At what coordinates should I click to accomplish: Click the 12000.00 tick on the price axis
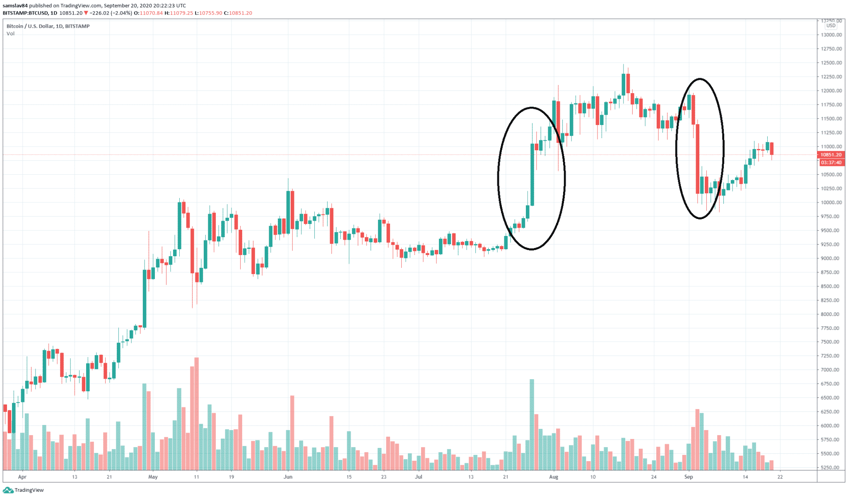(831, 91)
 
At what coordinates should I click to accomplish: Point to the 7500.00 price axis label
(831, 342)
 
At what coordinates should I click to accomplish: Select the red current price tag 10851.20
(831, 155)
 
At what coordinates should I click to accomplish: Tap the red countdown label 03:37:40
(831, 163)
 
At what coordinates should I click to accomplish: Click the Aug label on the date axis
(554, 477)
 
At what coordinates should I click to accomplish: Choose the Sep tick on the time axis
(689, 477)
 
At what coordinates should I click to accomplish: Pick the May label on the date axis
(153, 477)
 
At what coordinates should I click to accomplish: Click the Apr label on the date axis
(22, 477)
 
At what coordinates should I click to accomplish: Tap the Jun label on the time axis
(288, 477)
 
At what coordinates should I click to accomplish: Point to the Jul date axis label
(419, 477)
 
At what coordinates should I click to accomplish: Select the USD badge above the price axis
(831, 26)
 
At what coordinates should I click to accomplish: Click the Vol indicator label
(10, 34)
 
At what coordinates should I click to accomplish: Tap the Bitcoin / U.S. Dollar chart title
(48, 26)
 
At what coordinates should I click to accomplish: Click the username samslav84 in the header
(15, 6)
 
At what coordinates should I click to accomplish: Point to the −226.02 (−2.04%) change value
(111, 13)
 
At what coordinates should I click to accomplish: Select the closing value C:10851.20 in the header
(238, 13)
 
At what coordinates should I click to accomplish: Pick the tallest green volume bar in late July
(532, 424)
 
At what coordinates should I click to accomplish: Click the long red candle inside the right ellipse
(698, 159)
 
